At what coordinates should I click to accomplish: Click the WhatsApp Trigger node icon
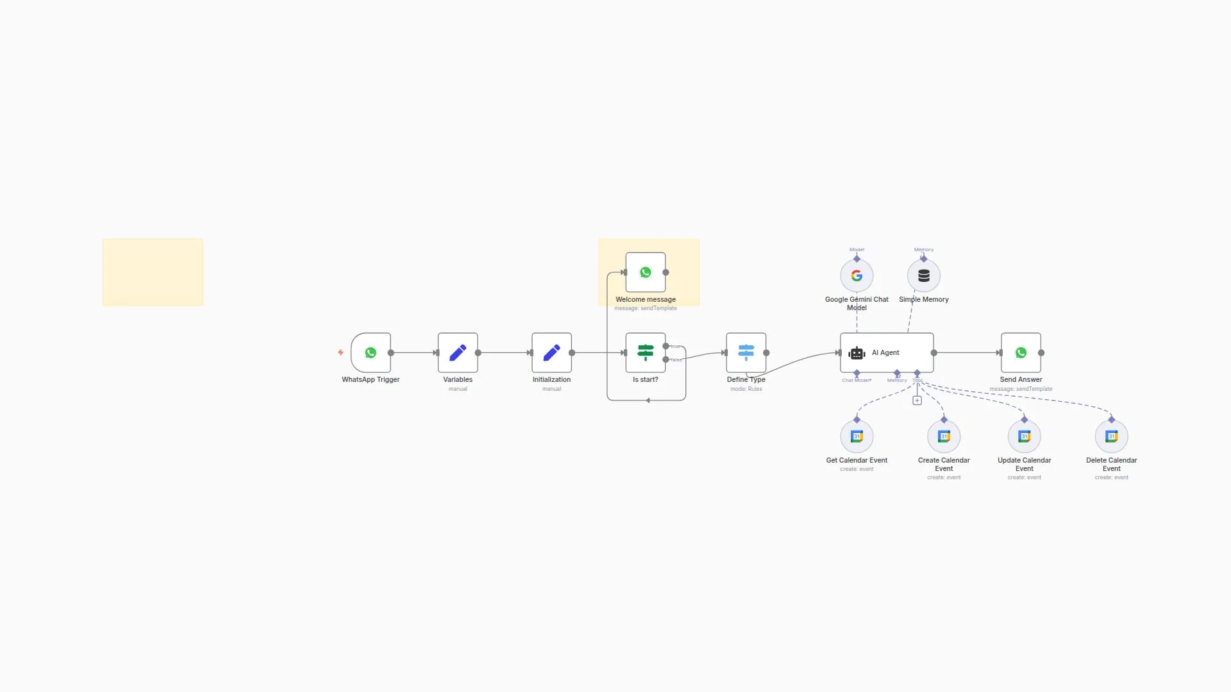click(x=371, y=352)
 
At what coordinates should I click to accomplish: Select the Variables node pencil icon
click(x=458, y=352)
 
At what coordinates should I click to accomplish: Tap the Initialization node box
click(x=551, y=352)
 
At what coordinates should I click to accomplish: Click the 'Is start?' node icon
click(x=645, y=352)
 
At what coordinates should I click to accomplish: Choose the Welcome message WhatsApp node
click(x=646, y=272)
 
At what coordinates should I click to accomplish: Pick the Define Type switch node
click(x=746, y=352)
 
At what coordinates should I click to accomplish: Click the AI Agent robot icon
click(x=857, y=353)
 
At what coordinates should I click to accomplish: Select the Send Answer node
click(x=1021, y=352)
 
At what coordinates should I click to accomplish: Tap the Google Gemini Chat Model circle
click(x=857, y=276)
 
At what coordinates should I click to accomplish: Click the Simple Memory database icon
click(x=924, y=276)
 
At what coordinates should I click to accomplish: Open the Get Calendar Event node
click(x=857, y=436)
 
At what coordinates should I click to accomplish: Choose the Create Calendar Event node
click(x=944, y=436)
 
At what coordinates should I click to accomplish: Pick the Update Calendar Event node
click(x=1025, y=436)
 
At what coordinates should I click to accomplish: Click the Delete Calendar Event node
click(x=1112, y=436)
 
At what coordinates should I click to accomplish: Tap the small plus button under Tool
click(x=917, y=400)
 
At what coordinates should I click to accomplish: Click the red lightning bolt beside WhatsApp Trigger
click(x=340, y=352)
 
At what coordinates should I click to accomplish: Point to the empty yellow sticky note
click(x=153, y=272)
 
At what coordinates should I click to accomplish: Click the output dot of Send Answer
click(x=1041, y=352)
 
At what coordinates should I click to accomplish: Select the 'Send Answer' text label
click(x=1021, y=379)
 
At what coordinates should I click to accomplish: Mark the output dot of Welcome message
click(x=666, y=272)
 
